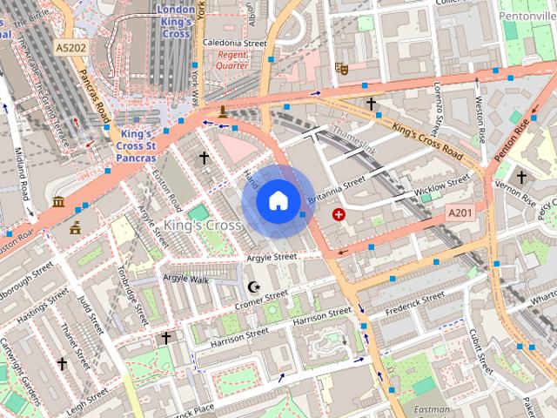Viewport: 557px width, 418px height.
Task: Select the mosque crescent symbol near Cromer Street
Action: (x=254, y=287)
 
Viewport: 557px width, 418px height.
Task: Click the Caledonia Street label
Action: (x=233, y=42)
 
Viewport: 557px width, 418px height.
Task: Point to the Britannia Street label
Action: (x=337, y=189)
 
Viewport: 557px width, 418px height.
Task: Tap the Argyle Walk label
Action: (x=187, y=279)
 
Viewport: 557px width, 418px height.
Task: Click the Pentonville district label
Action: (x=527, y=17)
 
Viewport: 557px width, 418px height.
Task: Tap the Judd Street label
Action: (x=91, y=313)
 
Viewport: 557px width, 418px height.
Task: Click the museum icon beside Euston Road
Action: (x=58, y=203)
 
